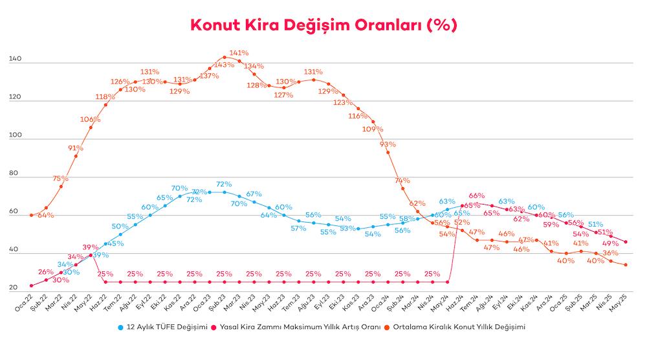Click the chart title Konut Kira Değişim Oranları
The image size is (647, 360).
tap(323, 25)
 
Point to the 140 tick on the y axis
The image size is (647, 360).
tap(16, 60)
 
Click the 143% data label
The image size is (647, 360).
tap(224, 65)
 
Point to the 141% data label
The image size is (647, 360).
tap(239, 52)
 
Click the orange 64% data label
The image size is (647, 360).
tap(46, 215)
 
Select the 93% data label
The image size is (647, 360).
tap(388, 144)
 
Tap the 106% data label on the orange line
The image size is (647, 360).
tap(91, 119)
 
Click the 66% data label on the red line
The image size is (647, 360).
tap(477, 195)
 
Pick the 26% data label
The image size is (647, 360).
tap(45, 272)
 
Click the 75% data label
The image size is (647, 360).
tap(61, 178)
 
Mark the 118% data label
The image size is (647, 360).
tap(105, 96)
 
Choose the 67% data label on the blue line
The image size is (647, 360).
tap(254, 194)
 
